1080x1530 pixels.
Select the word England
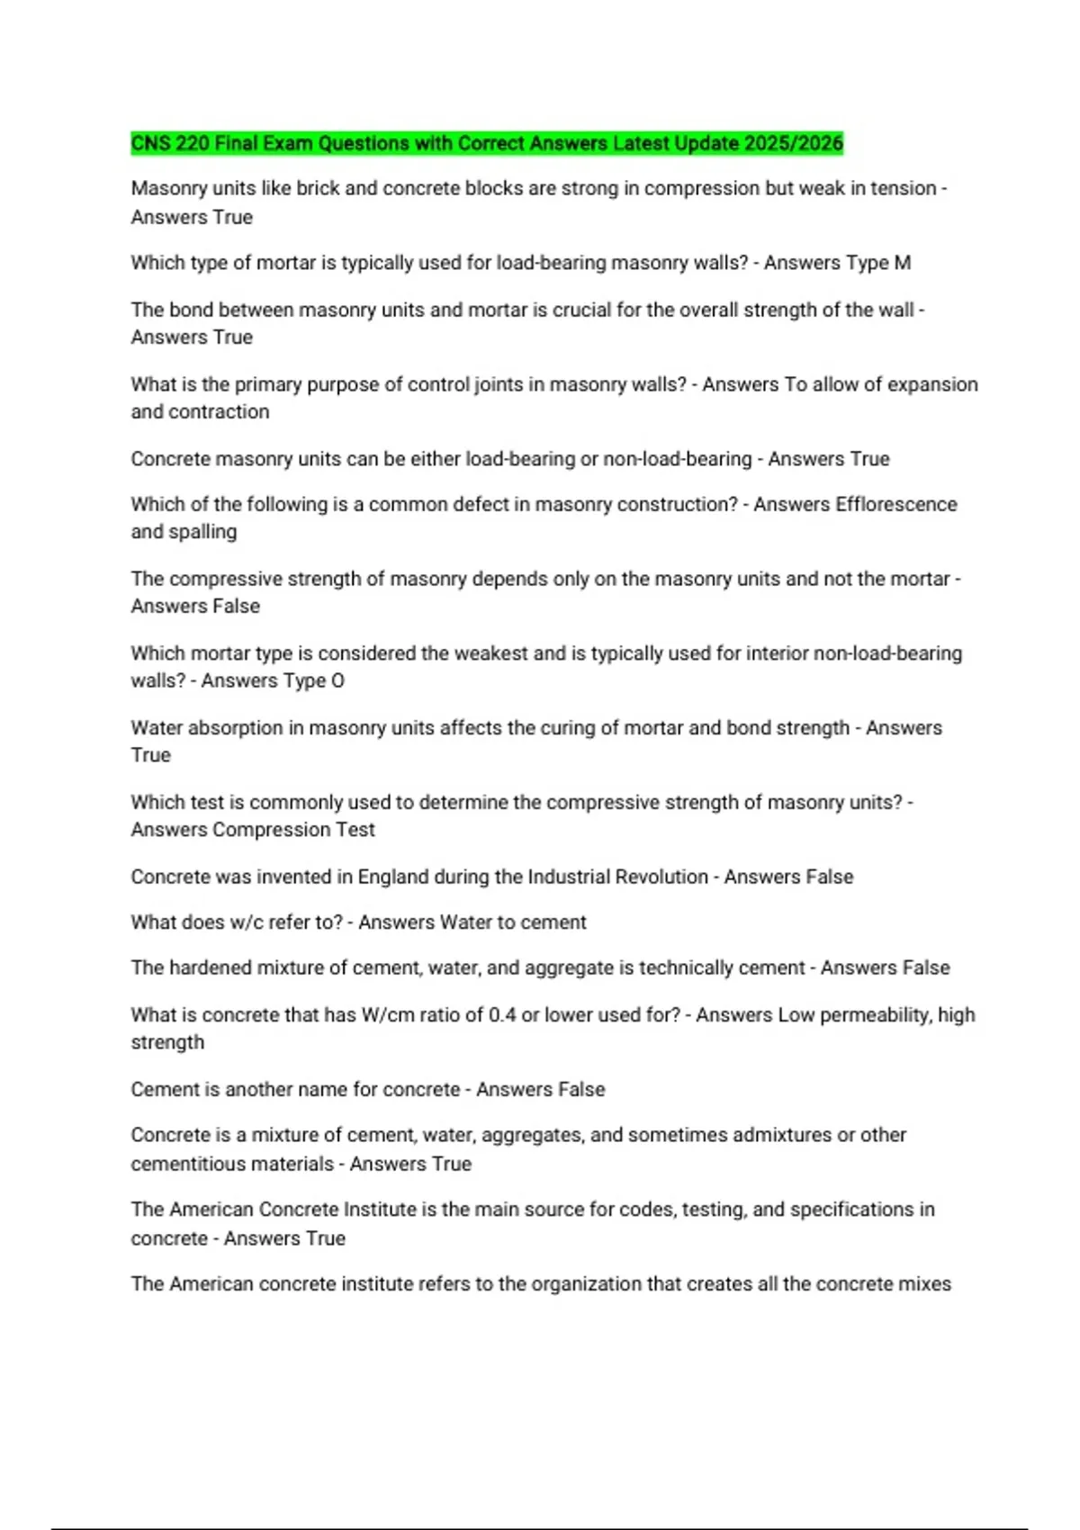(x=392, y=877)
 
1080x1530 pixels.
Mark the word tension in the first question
(x=903, y=188)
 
